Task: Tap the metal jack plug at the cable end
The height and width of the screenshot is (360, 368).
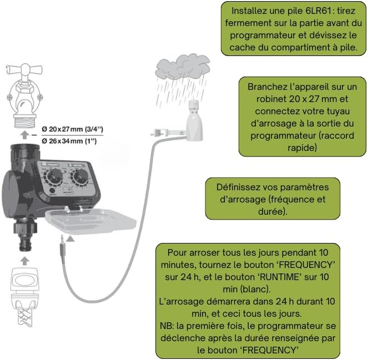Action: pyautogui.click(x=61, y=244)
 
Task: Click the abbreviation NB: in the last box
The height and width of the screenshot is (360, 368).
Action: pyautogui.click(x=167, y=326)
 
